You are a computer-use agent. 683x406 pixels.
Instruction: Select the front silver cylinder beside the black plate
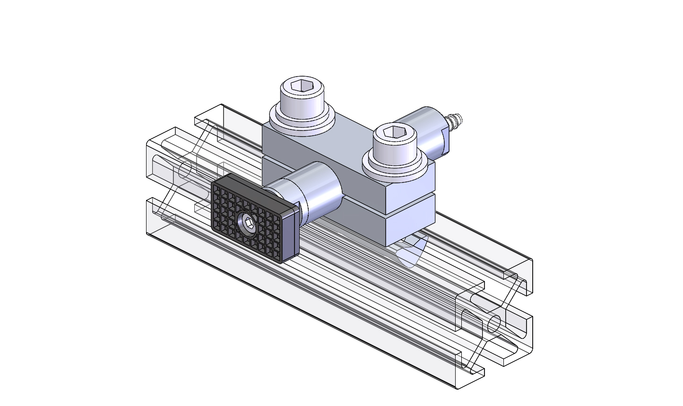321,191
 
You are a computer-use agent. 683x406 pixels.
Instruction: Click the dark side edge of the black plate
290,236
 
